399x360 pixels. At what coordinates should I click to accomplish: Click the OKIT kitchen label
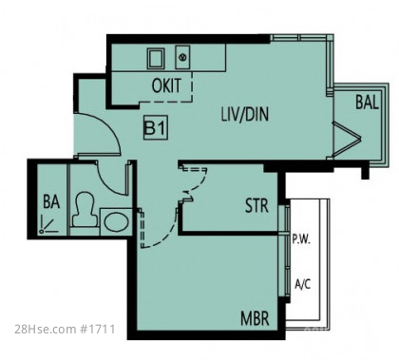pyautogui.click(x=166, y=85)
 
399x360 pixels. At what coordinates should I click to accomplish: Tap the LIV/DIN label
pyautogui.click(x=245, y=114)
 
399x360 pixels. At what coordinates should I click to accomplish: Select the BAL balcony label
pyautogui.click(x=367, y=102)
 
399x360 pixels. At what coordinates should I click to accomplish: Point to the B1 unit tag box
pyautogui.click(x=156, y=128)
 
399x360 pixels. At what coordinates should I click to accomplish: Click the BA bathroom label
pyautogui.click(x=51, y=201)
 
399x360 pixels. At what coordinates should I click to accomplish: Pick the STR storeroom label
pyautogui.click(x=256, y=205)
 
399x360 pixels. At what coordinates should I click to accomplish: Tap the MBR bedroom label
pyautogui.click(x=255, y=318)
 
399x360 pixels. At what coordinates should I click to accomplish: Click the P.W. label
pyautogui.click(x=301, y=239)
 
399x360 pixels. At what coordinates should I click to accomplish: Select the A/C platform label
pyautogui.click(x=302, y=284)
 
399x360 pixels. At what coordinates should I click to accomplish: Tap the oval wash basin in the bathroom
pyautogui.click(x=117, y=222)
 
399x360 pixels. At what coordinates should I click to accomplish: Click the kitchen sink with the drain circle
pyautogui.click(x=182, y=57)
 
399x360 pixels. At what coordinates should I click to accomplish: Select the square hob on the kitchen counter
pyautogui.click(x=156, y=59)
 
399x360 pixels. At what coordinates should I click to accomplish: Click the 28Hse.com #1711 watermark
pyautogui.click(x=65, y=330)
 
